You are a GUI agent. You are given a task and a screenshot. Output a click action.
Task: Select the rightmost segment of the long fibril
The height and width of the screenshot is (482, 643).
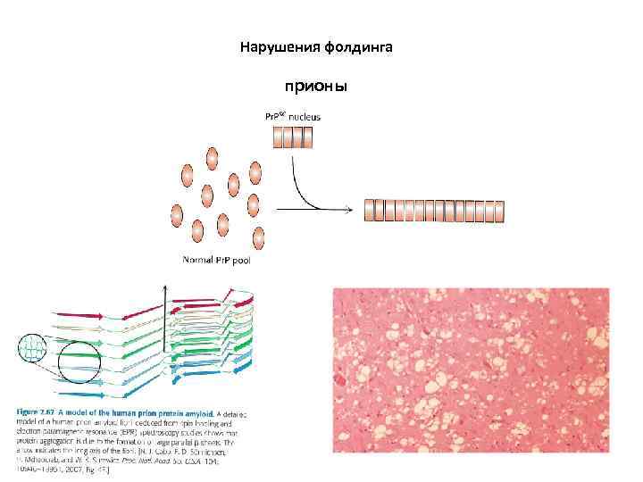pos(499,212)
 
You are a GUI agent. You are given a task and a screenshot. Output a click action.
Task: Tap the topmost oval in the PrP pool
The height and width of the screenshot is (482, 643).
pos(213,158)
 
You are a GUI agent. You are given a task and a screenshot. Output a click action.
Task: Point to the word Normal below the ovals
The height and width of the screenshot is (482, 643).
pos(197,261)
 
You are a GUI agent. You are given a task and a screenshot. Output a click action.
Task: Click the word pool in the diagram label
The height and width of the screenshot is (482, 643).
pos(238,261)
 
